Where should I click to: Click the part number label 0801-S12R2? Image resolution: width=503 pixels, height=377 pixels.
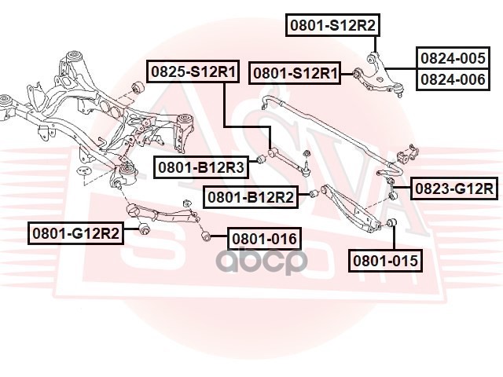tap(332, 25)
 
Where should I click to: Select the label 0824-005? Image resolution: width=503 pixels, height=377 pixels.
tap(453, 58)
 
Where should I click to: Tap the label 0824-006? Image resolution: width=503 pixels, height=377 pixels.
tap(453, 79)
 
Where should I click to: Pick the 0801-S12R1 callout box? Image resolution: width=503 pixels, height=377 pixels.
tap(296, 73)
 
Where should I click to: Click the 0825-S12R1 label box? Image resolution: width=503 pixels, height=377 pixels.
tap(193, 71)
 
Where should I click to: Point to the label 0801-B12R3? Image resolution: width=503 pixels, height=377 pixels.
tap(201, 167)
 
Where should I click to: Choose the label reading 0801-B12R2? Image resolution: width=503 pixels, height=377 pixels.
tap(251, 197)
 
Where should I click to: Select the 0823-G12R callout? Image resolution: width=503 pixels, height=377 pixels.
tap(454, 188)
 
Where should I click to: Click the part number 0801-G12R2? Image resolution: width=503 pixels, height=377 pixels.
tap(75, 233)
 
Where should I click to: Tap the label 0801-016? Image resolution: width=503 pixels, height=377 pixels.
tap(264, 239)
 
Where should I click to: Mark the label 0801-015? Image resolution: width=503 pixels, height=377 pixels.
tap(385, 261)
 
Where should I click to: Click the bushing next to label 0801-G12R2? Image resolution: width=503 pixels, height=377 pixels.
tap(145, 229)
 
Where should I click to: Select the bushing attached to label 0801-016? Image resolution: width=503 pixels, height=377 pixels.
tap(206, 236)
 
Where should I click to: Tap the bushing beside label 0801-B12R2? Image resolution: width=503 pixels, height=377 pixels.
tap(314, 194)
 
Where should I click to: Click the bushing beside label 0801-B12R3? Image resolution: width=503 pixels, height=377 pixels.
tap(263, 159)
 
